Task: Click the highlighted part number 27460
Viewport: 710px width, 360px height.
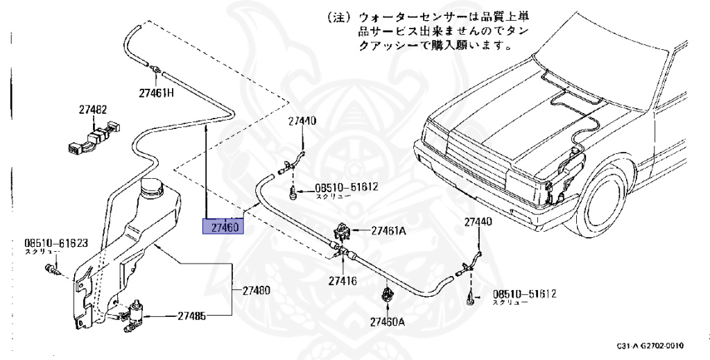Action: point(220,227)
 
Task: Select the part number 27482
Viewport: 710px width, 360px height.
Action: point(92,110)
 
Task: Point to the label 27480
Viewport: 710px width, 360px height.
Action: point(256,291)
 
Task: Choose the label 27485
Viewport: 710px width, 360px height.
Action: point(191,316)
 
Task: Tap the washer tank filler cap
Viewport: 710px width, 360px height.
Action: point(152,187)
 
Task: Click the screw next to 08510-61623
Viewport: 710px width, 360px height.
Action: point(49,268)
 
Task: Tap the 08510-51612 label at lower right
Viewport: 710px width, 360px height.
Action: point(525,294)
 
